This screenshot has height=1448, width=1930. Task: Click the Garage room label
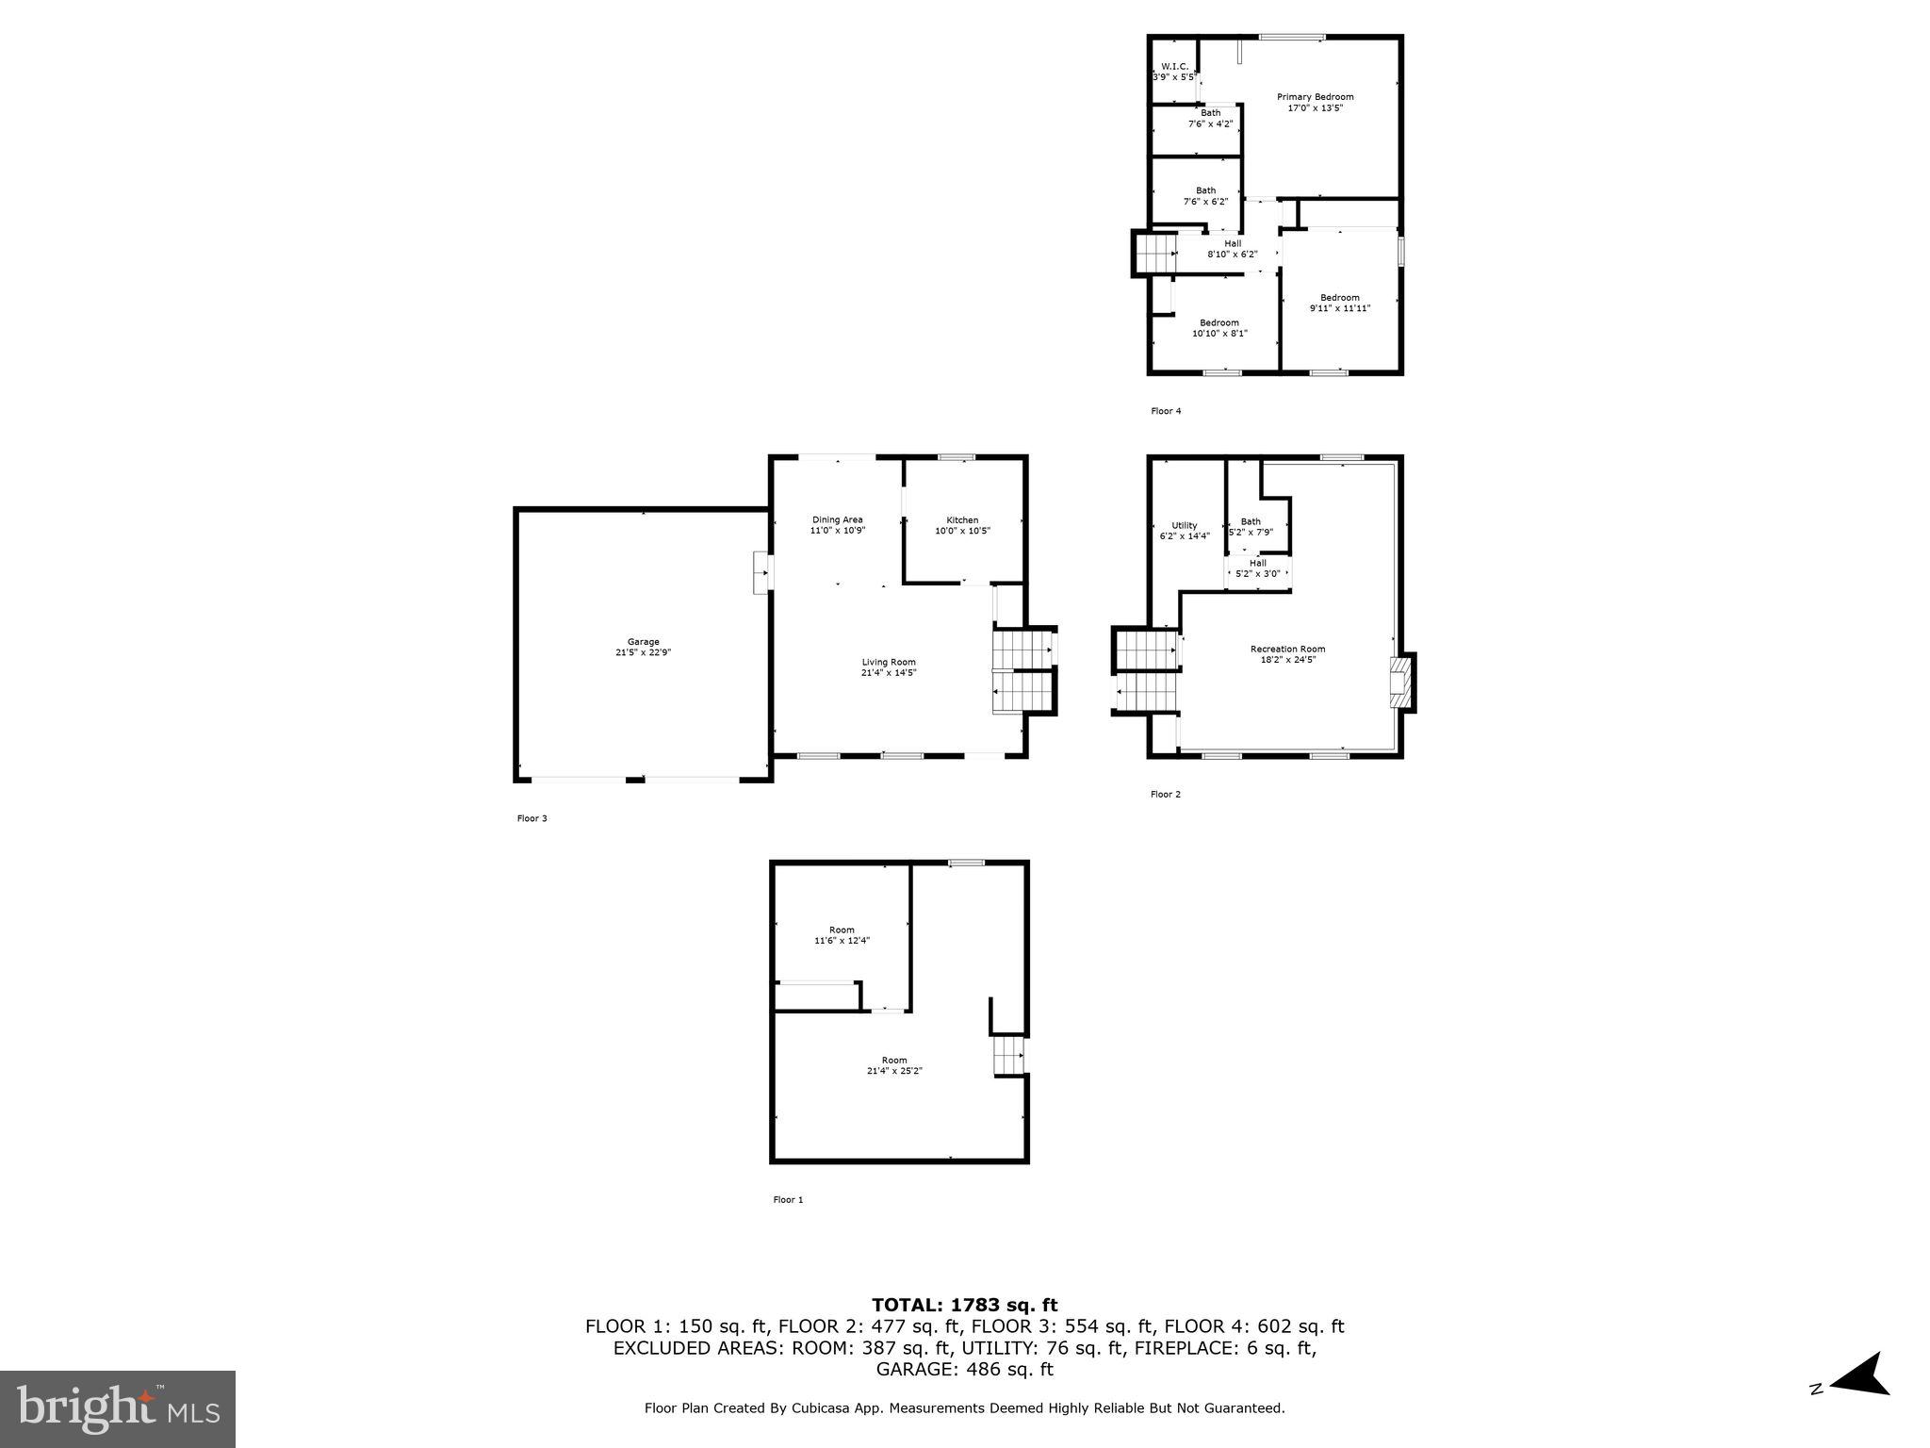pos(644,642)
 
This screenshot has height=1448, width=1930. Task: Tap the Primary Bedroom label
pos(1315,97)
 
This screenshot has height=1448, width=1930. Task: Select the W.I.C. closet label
pos(1173,66)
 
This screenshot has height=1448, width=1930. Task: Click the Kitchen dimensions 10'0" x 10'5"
pos(962,531)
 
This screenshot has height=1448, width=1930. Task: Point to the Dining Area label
pos(838,519)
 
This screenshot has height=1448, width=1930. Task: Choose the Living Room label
pos(888,662)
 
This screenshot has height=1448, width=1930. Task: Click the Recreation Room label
pos(1287,649)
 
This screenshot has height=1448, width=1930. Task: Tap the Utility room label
pos(1185,525)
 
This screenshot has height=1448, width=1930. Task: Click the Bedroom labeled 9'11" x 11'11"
pos(1339,303)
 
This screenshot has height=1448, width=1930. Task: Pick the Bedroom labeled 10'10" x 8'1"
pos(1219,327)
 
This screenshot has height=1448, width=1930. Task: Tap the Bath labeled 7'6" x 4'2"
pos(1210,118)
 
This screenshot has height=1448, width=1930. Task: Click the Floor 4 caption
pos(1166,411)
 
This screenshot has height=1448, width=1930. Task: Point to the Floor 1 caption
pos(788,1200)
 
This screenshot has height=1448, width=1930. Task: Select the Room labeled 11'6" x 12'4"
pos(842,935)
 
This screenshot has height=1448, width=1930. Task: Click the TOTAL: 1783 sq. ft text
pos(964,1305)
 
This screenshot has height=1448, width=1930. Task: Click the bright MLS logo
pos(118,1409)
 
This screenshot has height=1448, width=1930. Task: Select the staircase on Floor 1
pos(1007,1055)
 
